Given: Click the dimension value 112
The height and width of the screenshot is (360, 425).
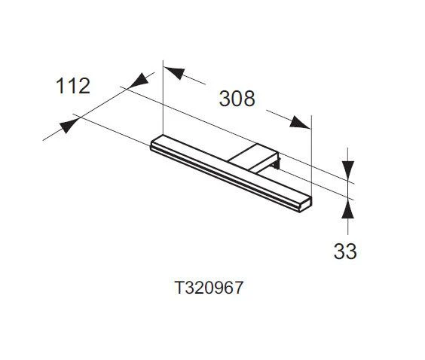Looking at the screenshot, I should (x=73, y=86).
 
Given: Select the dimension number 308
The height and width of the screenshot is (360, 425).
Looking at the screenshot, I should (x=237, y=98).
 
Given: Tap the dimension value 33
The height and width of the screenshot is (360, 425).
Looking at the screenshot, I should (x=344, y=251).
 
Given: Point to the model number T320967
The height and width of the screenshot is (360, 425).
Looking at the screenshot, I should (x=209, y=288).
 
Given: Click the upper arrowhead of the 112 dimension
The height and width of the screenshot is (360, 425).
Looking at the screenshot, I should (x=138, y=80).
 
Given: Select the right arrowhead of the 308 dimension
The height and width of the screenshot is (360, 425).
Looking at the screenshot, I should (x=301, y=123).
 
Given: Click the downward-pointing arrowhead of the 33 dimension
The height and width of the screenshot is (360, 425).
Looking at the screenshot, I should (x=347, y=172).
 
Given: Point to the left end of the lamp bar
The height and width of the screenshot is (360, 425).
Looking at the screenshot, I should (x=156, y=145).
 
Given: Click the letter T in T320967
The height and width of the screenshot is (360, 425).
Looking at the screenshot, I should (x=179, y=288).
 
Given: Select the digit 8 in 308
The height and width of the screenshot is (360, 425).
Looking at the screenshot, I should (x=249, y=98).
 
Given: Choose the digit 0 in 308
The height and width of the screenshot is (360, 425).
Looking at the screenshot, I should (x=237, y=98).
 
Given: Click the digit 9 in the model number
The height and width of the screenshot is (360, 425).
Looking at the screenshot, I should (x=219, y=288).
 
